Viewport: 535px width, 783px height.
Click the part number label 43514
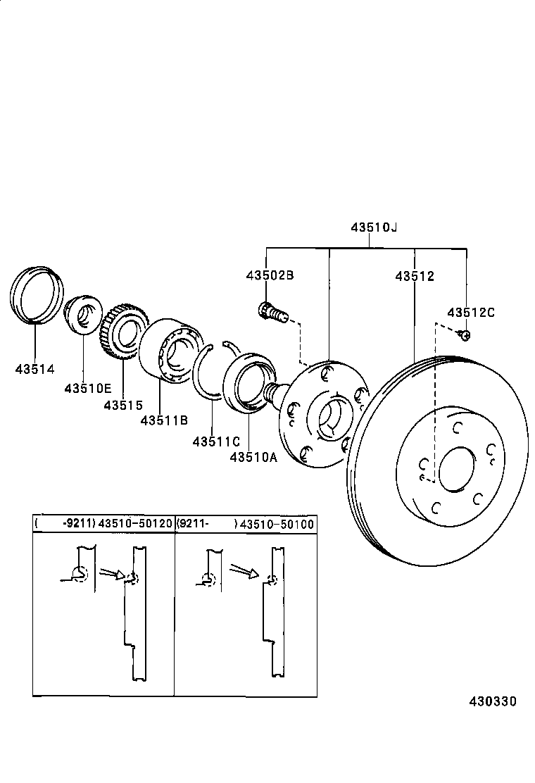click(x=34, y=368)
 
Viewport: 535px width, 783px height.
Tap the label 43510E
click(x=87, y=387)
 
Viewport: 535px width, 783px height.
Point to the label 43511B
click(x=163, y=420)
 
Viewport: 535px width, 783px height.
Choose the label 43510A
click(x=253, y=457)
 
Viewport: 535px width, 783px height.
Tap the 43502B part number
click(x=270, y=275)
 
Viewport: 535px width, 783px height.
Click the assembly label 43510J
click(x=374, y=227)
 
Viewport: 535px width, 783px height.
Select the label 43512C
click(x=471, y=312)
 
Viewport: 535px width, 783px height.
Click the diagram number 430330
click(x=493, y=701)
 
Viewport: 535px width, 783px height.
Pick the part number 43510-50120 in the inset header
click(x=135, y=524)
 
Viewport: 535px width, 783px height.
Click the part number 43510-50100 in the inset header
click(x=277, y=524)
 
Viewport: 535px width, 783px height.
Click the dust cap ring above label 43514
click(x=37, y=294)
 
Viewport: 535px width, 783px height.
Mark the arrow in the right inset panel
click(x=244, y=571)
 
